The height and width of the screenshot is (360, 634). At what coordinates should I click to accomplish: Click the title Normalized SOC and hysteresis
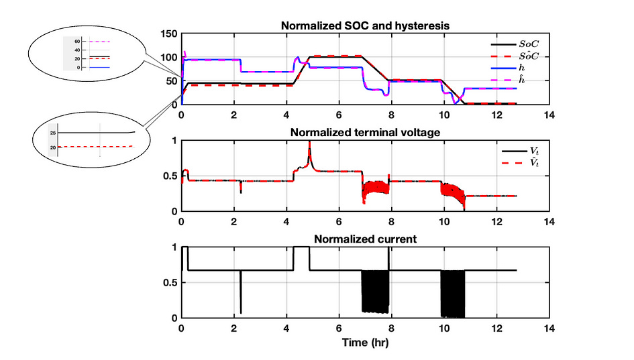[x=364, y=25]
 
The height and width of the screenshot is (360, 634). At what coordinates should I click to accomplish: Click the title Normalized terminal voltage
[x=364, y=132]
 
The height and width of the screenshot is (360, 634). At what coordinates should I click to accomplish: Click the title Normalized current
[x=364, y=239]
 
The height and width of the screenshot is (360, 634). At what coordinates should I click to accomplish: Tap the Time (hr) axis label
[x=364, y=342]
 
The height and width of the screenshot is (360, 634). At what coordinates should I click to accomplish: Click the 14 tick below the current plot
[x=549, y=328]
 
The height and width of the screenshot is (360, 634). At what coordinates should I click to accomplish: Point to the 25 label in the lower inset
[x=52, y=133]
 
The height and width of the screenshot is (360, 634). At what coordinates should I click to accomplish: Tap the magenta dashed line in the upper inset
[x=99, y=42]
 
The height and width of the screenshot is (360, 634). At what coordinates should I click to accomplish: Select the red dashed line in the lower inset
[x=94, y=146]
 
